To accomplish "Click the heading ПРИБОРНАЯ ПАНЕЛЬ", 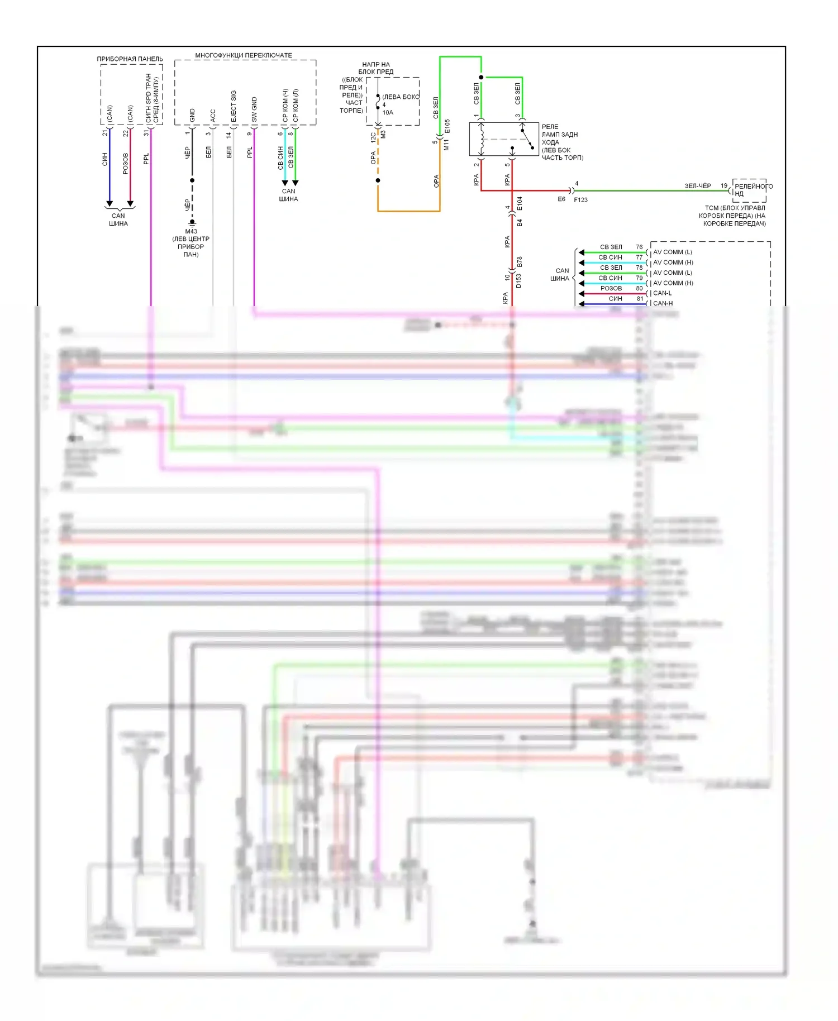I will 130,59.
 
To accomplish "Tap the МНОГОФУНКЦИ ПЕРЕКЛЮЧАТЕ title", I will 243,55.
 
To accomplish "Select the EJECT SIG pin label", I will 234,106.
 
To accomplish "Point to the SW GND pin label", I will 254,109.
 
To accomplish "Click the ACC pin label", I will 213,116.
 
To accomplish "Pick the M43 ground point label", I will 191,231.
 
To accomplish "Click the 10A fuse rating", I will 388,112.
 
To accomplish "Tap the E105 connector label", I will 447,126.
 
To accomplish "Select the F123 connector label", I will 580,199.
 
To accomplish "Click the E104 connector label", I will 520,203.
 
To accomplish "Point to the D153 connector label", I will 518,281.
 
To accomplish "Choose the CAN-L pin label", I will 662,293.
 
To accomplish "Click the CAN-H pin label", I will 663,303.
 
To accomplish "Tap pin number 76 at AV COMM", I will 639,247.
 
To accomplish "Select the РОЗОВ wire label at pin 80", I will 611,288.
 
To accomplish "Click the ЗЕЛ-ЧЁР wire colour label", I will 698,186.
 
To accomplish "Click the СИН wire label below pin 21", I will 104,160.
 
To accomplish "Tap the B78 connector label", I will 520,261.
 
